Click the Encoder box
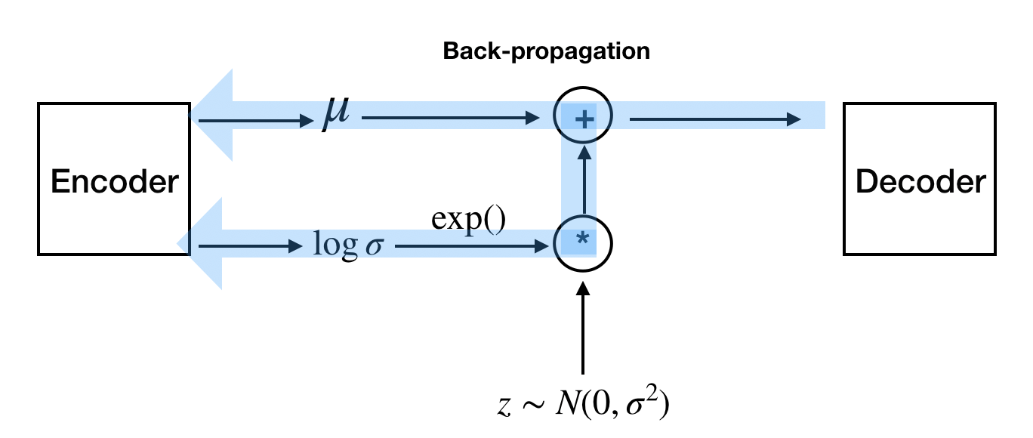(x=113, y=179)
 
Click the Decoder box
(x=919, y=179)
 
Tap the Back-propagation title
(x=546, y=51)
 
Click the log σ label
(x=348, y=245)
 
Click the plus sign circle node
(x=583, y=118)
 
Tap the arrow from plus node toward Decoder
(x=714, y=118)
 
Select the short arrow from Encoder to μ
(x=253, y=118)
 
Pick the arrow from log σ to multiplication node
(x=472, y=245)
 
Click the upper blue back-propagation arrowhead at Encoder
(x=215, y=116)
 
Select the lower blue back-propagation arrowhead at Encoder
(x=204, y=243)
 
